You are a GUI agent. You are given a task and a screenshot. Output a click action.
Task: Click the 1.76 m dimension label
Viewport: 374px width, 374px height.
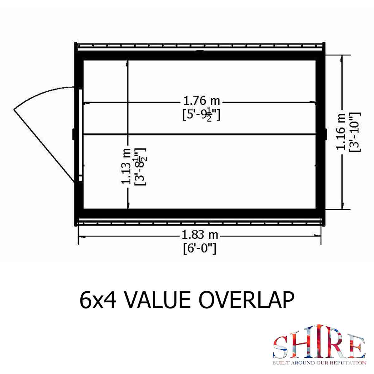click(201, 101)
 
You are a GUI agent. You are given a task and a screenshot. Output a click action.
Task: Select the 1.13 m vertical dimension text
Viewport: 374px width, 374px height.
click(126, 166)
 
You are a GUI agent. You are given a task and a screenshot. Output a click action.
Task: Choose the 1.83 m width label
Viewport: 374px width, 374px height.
click(200, 235)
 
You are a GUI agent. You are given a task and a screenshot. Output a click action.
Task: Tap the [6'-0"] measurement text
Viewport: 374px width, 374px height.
click(200, 249)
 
